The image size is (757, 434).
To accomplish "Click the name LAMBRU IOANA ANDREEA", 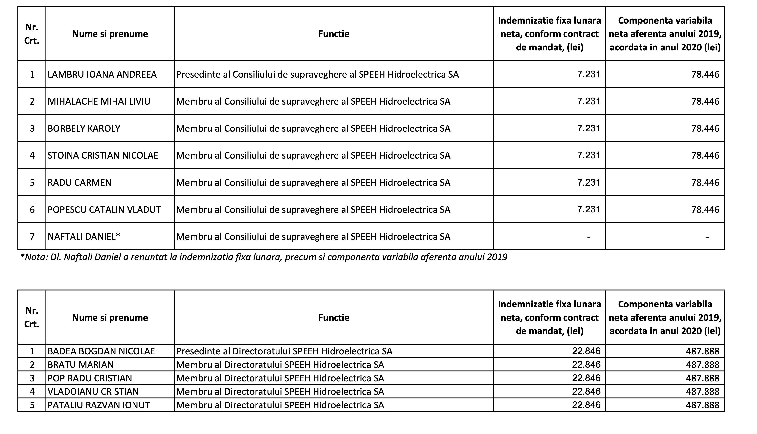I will click(102, 74).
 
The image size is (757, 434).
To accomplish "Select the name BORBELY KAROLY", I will click(84, 128).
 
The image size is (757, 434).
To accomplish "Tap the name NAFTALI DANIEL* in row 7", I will click(84, 237).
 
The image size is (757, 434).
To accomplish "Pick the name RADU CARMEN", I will click(79, 182).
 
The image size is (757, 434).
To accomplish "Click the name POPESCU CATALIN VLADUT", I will click(104, 209).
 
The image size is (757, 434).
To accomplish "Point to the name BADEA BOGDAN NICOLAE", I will click(101, 351).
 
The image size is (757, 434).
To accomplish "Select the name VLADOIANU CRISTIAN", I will click(93, 391).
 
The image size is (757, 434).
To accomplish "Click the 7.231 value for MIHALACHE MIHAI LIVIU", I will click(588, 101).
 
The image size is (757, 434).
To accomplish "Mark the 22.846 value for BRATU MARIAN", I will click(586, 365).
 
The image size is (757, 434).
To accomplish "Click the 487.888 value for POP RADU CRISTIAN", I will click(703, 378).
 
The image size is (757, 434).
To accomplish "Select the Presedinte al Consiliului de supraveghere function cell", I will click(317, 74).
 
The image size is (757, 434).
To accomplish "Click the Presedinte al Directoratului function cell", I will click(284, 351).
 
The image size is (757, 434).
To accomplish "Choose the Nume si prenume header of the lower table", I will click(110, 317).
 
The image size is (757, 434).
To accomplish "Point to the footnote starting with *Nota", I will click(264, 257).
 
